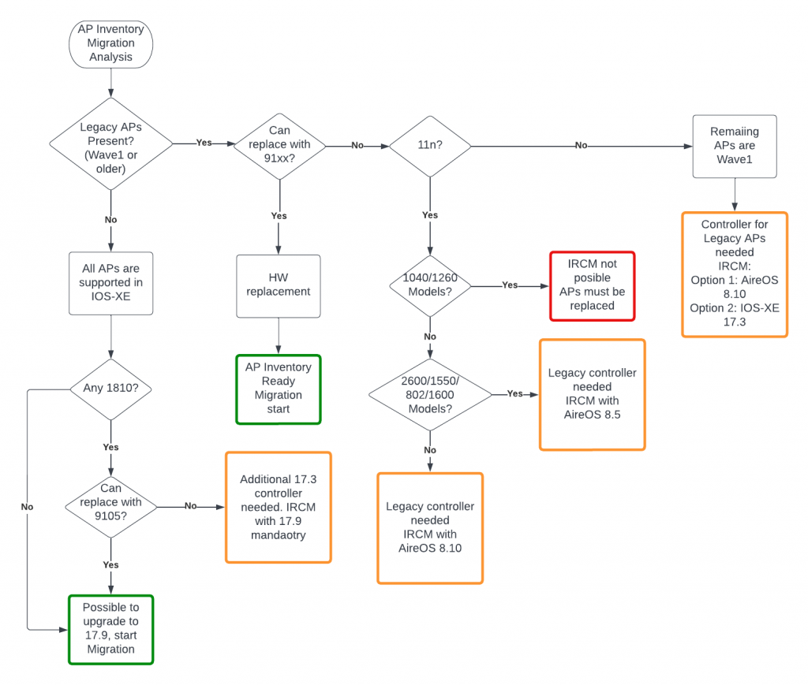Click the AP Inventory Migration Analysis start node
click(110, 43)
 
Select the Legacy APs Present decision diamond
click(110, 143)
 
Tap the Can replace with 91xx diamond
click(279, 144)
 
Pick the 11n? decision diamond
click(429, 145)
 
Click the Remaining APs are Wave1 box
click(735, 146)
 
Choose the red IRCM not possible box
click(592, 285)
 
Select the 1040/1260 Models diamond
click(429, 285)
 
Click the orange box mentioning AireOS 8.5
click(592, 393)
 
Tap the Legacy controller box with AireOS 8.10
click(430, 527)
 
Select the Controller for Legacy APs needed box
click(735, 274)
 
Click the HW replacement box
click(279, 285)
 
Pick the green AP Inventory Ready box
click(279, 388)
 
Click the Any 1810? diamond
click(110, 389)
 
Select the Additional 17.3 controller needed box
click(279, 507)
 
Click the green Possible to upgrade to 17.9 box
click(110, 629)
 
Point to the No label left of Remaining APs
click(581, 146)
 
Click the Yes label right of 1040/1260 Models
click(510, 285)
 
